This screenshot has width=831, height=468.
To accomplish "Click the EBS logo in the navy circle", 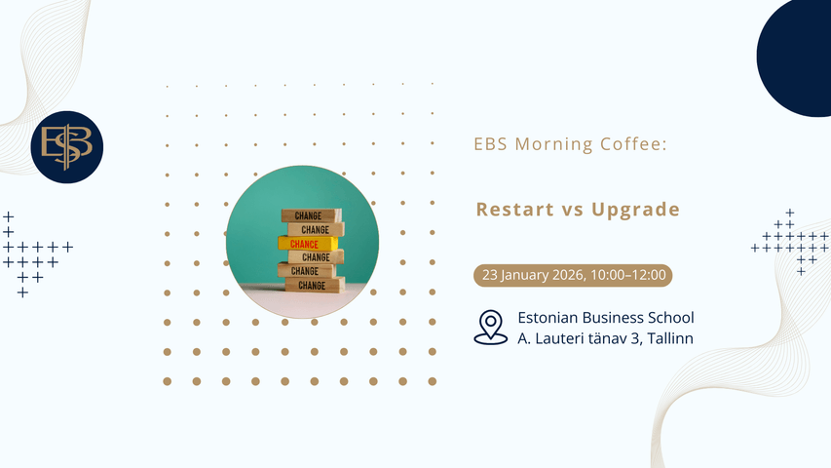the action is point(67,147).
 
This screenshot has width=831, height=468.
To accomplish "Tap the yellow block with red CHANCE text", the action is point(308,244).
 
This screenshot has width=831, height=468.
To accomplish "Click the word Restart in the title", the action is point(515,209).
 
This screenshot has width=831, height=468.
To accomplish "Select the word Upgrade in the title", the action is point(635,211).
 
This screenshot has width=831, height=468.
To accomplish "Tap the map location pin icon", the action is point(490,328).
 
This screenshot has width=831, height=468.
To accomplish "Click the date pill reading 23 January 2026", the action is point(573,275).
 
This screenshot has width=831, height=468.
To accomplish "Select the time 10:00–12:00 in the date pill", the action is point(628,275).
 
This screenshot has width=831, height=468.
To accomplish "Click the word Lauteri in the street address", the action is point(557,338).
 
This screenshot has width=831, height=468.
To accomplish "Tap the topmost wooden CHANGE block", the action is point(311,215).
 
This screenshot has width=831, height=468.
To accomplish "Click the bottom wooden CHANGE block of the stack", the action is point(315,285).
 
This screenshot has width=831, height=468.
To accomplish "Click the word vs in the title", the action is point(573,211).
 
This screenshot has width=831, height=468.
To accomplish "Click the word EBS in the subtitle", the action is point(491,144).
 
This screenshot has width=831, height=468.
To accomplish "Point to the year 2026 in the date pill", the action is point(568,275).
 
